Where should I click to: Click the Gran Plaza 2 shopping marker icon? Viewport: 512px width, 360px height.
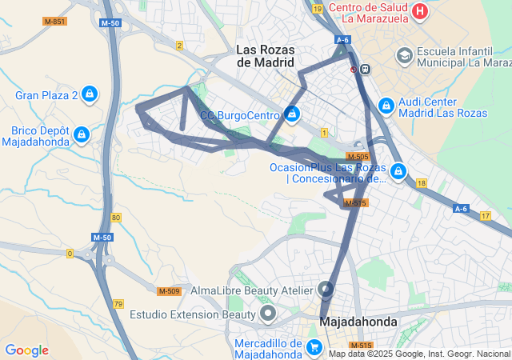[x=90, y=95]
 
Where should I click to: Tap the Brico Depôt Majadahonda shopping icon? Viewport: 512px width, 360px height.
[x=82, y=134]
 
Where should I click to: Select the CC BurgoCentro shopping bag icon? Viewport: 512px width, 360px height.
[x=292, y=114]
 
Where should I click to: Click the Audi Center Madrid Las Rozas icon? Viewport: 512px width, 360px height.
[x=386, y=105]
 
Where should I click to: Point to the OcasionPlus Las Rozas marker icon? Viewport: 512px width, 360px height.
[x=398, y=170]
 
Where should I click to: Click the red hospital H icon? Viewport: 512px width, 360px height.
[x=421, y=11]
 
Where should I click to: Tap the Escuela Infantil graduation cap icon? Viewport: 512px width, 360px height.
[x=405, y=55]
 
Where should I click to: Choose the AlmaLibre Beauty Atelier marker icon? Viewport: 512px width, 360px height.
[x=326, y=289]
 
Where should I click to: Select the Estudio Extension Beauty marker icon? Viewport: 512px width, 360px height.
[x=268, y=312]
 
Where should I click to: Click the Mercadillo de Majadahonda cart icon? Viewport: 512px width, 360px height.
[x=314, y=347]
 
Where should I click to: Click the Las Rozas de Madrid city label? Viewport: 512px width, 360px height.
[x=266, y=55]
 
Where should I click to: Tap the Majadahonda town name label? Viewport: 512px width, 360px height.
[x=358, y=322]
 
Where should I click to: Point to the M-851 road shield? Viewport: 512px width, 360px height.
[x=54, y=21]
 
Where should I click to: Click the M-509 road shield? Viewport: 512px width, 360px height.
[x=168, y=290]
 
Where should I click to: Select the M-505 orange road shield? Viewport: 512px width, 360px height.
[x=358, y=156]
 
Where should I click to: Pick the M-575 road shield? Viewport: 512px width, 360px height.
[x=357, y=204]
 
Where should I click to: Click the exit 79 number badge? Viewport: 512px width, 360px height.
[x=118, y=304]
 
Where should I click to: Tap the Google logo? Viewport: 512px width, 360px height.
[x=26, y=350]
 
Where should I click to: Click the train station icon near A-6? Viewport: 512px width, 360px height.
[x=366, y=69]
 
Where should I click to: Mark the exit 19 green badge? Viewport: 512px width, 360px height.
[x=318, y=9]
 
